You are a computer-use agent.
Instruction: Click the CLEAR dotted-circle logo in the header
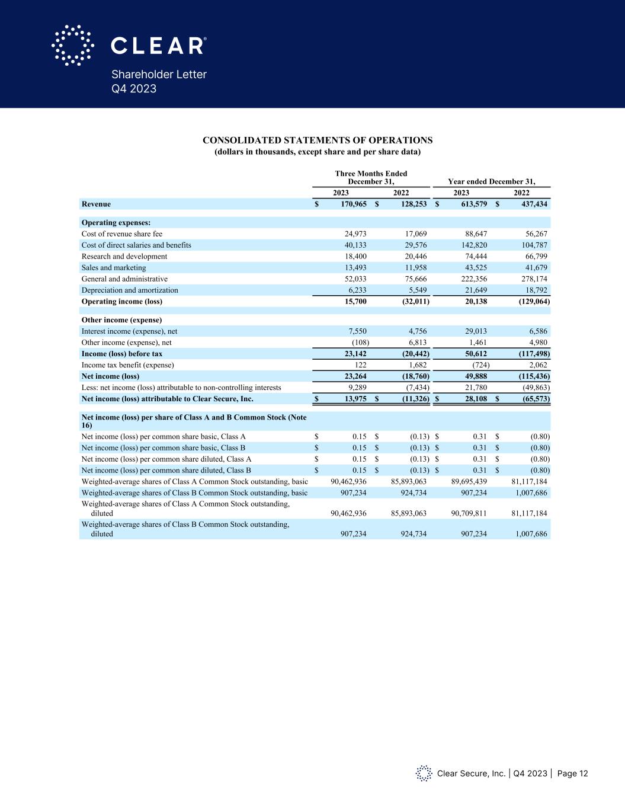pyautogui.click(x=73, y=45)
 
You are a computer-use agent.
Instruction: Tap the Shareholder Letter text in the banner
pyautogui.click(x=159, y=75)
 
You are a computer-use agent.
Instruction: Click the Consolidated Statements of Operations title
pyautogui.click(x=318, y=140)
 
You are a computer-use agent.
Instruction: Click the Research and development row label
pyautogui.click(x=124, y=257)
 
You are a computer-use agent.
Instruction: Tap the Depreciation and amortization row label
pyautogui.click(x=130, y=290)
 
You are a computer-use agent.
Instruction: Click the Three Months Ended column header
pyautogui.click(x=371, y=177)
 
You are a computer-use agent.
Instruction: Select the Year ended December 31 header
pyautogui.click(x=492, y=181)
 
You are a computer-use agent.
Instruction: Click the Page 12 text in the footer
pyautogui.click(x=573, y=773)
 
